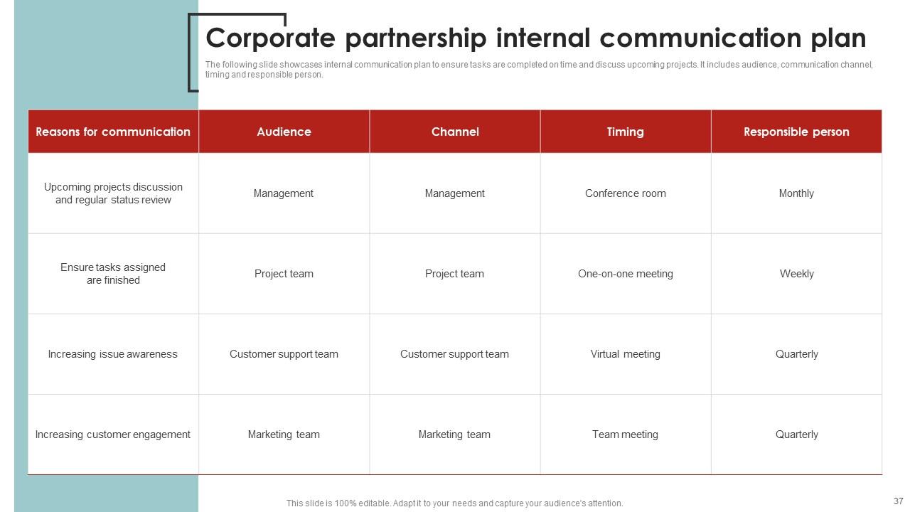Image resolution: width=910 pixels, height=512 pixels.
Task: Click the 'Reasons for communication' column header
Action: click(113, 132)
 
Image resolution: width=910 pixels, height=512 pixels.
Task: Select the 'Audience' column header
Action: click(284, 132)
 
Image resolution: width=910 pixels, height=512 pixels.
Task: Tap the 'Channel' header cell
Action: click(455, 132)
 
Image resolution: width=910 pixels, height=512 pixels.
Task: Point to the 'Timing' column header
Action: click(626, 132)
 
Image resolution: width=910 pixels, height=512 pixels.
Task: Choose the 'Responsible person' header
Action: click(796, 132)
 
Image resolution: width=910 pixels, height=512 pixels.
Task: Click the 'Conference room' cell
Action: click(626, 193)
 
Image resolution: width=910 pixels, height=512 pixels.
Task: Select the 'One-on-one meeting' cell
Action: click(626, 274)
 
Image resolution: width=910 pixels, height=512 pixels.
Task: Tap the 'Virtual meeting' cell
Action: click(626, 354)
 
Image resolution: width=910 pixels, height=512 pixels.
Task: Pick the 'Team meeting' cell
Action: click(626, 434)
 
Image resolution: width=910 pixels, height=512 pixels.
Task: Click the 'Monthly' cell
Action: click(796, 193)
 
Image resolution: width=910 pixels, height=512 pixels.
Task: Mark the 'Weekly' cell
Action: click(796, 274)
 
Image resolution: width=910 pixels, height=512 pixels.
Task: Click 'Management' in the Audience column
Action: click(284, 193)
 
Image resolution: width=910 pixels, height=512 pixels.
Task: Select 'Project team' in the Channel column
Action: click(455, 274)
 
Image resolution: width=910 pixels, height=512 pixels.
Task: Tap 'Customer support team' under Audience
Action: click(284, 354)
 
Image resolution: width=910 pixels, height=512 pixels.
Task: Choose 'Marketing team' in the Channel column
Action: click(455, 434)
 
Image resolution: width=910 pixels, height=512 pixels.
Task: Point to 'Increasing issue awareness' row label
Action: click(113, 354)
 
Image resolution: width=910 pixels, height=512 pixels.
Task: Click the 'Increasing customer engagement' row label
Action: click(113, 434)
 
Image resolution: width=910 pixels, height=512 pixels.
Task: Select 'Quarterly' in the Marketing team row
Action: click(796, 434)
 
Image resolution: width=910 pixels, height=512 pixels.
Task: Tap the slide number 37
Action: click(898, 501)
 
